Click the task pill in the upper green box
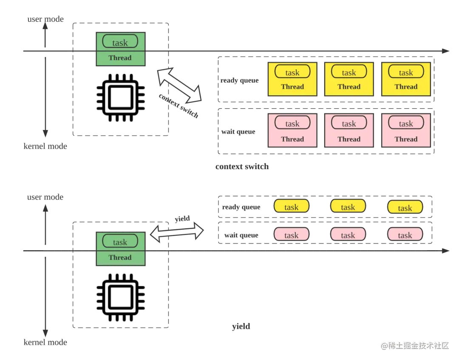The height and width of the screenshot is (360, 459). pos(120,42)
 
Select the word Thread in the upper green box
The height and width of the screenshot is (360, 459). pos(120,58)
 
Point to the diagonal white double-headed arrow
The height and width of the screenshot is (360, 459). pos(179,85)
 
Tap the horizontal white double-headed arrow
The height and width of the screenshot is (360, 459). pos(177,232)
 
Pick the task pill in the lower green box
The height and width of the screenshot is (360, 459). pos(120,242)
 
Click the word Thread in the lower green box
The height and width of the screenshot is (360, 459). pos(120,257)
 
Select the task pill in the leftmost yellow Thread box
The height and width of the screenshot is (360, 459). pos(292,72)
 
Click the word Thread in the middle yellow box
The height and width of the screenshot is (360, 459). pos(349,87)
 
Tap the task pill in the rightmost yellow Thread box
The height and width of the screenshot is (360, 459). pos(406,72)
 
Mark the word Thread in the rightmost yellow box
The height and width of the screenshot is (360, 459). pos(406,87)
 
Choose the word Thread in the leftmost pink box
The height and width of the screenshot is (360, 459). pos(292,139)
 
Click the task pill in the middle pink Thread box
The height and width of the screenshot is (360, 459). pos(349,123)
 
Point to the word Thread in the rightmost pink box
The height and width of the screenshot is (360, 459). pos(406,139)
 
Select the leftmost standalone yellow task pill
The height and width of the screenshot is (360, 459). pos(291,207)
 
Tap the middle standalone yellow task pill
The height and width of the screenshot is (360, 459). pos(348,207)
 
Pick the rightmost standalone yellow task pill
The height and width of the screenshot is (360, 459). pos(405,207)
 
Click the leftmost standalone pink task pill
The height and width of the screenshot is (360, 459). pos(291,235)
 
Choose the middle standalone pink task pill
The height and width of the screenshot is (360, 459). pos(348,235)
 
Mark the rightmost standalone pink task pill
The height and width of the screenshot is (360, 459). pos(405,235)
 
